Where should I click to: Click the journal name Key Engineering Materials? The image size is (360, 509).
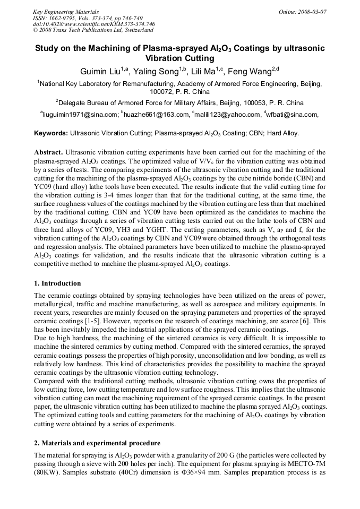click(x=66, y=11)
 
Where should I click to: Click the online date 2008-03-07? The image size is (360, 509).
click(x=310, y=11)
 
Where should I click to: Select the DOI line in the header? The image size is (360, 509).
click(x=93, y=24)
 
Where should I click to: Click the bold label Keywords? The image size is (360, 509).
click(x=51, y=133)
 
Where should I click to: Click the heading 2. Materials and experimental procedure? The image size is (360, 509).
click(x=97, y=443)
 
